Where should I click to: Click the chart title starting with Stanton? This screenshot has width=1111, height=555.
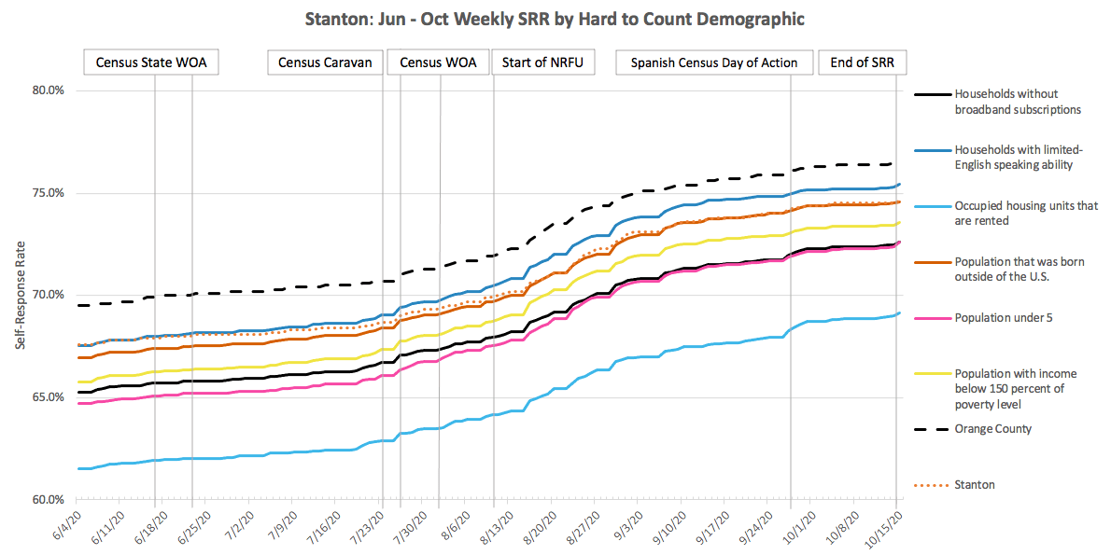coord(555,19)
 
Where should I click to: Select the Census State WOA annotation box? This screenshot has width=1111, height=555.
coord(152,62)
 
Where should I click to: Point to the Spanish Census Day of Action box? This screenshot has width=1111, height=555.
coord(714,62)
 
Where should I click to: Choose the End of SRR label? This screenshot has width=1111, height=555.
coord(862,62)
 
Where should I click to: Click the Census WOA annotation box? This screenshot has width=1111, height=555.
coord(438,62)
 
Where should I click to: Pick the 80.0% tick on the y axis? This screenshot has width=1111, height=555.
coord(48,91)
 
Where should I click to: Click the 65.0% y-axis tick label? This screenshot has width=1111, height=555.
coord(48,397)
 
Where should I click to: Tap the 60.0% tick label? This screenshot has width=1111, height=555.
coord(48,500)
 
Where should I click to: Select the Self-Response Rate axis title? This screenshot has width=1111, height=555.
coord(20,296)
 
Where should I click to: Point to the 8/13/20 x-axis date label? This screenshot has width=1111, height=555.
coord(498,528)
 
